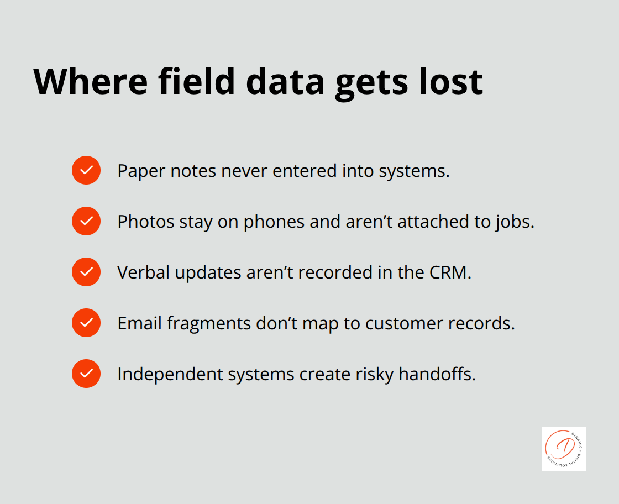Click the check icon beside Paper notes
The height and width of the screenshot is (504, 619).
86,170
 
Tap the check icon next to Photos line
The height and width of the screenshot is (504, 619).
86,221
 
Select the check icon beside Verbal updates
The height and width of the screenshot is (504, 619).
86,272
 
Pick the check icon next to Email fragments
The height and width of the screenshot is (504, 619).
86,323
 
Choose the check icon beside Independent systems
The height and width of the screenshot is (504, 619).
86,374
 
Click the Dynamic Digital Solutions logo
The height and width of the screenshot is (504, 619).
563,448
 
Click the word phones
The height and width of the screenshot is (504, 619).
272,222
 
